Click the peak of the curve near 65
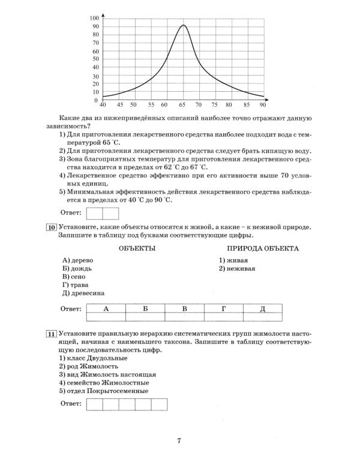(183, 25)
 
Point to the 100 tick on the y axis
(95, 18)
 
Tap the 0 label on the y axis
(97, 100)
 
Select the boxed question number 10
(51, 227)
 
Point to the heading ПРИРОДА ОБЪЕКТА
(263, 248)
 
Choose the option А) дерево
(77, 260)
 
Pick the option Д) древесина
(83, 293)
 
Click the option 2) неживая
(237, 268)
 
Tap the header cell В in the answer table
(184, 308)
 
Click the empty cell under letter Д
(263, 317)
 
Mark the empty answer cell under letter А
(106, 317)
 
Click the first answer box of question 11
(95, 404)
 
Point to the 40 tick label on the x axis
(103, 104)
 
